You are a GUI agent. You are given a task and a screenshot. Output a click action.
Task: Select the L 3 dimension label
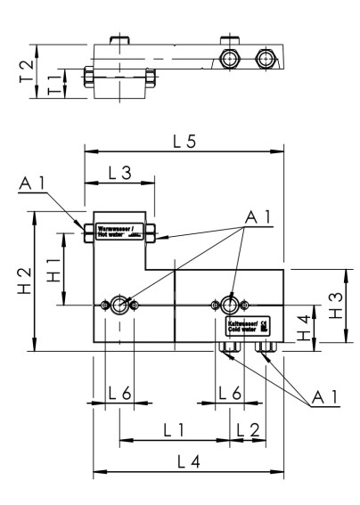(x=118, y=173)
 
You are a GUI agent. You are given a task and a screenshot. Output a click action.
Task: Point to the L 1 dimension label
(x=174, y=429)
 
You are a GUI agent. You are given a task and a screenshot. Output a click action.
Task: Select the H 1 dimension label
(x=56, y=266)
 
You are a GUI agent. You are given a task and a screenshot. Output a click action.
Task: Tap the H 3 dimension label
(x=331, y=304)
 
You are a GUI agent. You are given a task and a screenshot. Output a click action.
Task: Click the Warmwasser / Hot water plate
(x=118, y=232)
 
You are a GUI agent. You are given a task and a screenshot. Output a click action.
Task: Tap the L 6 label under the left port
(x=119, y=393)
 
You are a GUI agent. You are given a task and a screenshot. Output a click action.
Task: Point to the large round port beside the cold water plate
(x=231, y=305)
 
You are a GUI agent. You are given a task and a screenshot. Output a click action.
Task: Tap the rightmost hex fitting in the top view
(x=263, y=60)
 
